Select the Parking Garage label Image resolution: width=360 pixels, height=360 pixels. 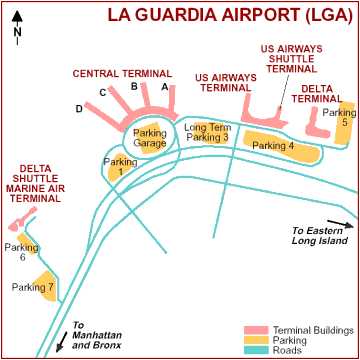pos(149,138)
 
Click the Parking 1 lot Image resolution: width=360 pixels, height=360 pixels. pos(120,167)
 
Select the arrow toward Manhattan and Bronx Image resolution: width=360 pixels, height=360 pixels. pos(63,343)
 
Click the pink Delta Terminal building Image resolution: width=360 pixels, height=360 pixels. pos(318,122)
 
